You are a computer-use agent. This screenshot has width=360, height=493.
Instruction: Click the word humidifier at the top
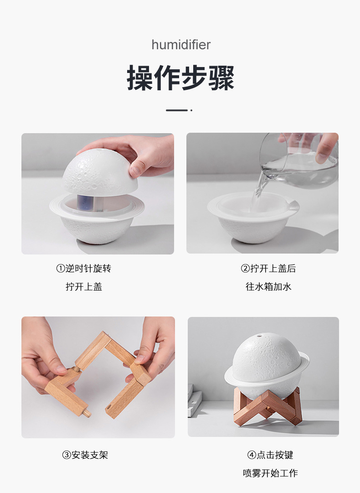[x=181, y=45]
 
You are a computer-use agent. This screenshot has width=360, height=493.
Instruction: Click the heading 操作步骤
[x=180, y=78]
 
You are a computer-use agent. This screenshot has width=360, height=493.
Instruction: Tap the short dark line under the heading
[x=177, y=110]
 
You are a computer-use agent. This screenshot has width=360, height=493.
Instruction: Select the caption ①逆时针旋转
[x=83, y=269]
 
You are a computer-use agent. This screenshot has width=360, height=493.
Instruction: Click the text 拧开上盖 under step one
[x=83, y=287]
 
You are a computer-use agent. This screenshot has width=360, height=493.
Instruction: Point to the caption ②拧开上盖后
[x=268, y=269]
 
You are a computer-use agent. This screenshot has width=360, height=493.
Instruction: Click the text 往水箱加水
[x=268, y=287]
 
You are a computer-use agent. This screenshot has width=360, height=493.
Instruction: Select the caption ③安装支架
[x=85, y=455]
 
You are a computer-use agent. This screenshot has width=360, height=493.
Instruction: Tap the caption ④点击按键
[x=270, y=455]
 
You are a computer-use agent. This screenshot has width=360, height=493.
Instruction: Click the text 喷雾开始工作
[x=270, y=473]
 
